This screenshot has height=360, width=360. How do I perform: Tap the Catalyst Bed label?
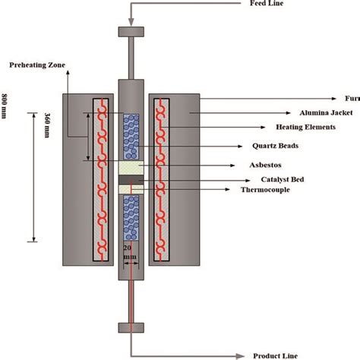(x=296, y=181)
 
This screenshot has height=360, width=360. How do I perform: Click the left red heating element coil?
(x=98, y=178)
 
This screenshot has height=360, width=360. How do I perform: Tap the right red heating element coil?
(x=160, y=178)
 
